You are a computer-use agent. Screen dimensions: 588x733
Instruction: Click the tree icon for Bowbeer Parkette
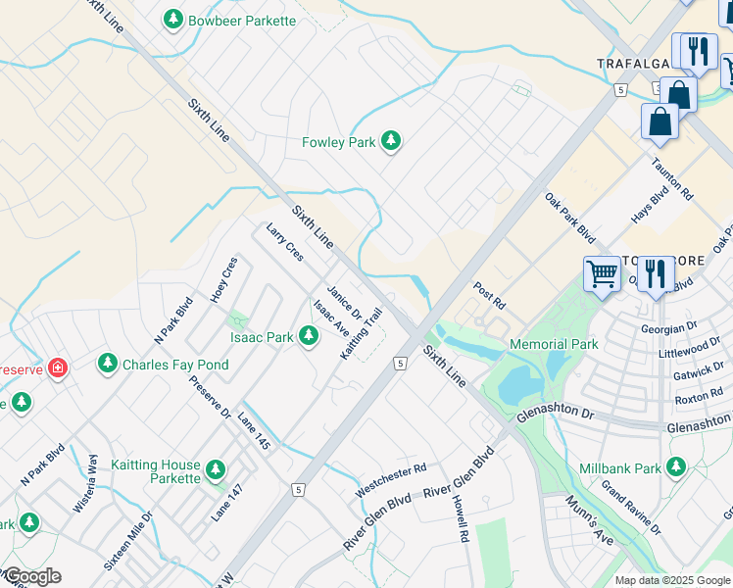click(173, 20)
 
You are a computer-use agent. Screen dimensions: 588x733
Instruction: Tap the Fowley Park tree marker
click(391, 142)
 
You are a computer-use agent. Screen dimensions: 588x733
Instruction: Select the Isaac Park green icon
click(309, 337)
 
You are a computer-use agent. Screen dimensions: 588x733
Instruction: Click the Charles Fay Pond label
click(175, 365)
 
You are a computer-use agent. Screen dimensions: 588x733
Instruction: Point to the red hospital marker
click(58, 368)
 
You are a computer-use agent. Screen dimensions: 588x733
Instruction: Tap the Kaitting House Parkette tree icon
click(216, 477)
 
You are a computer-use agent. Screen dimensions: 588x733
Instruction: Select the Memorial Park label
click(554, 344)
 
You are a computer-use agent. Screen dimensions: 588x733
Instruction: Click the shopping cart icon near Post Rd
click(601, 273)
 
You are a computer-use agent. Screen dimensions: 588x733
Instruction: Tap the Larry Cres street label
click(285, 242)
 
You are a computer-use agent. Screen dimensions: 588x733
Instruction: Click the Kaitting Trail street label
click(360, 333)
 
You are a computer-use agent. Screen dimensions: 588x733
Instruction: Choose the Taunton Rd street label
click(673, 181)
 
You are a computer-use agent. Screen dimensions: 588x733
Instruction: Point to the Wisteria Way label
click(85, 484)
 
